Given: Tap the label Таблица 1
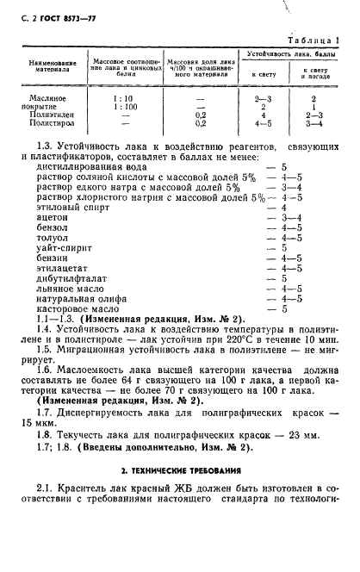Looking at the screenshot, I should point(319,41).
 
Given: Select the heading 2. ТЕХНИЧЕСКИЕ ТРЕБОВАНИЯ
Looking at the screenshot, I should point(179,470).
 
